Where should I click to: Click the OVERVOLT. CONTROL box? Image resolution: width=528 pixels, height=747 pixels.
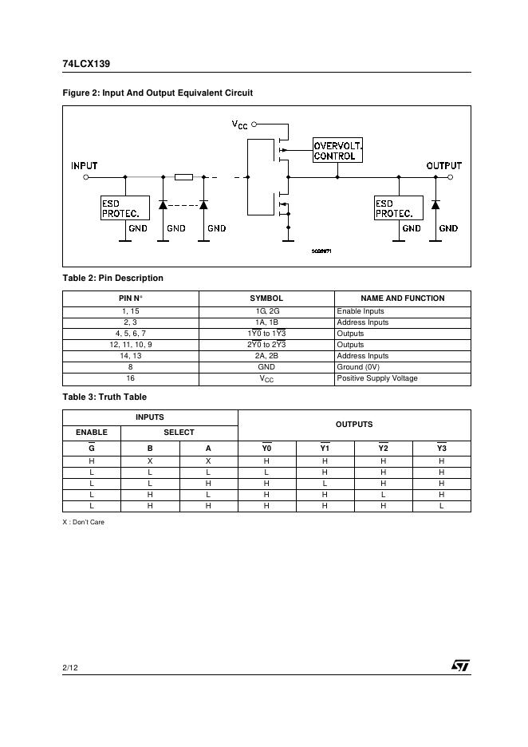pos(338,151)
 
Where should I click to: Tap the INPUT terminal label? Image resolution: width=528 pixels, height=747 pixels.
pos(85,166)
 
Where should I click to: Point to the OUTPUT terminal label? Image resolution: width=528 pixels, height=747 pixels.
pos(443,166)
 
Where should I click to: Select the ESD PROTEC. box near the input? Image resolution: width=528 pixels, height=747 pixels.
pos(124,208)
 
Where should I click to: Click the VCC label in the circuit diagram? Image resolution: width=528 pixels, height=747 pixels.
pos(240,125)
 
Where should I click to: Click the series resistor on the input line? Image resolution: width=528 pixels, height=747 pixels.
pos(183,177)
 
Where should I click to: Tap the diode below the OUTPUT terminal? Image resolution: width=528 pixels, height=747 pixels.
pos(435,205)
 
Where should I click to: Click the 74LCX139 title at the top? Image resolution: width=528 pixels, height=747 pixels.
pos(81,65)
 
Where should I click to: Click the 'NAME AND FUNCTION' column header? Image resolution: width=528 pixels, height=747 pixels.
pos(402,298)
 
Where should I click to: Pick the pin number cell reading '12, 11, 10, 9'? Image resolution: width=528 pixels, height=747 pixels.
pos(130,345)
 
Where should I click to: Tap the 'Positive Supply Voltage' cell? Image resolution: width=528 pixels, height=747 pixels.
pos(376,378)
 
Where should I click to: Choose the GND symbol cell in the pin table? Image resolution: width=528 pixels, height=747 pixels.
pos(266,367)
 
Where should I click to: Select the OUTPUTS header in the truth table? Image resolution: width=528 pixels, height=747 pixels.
pos(354,425)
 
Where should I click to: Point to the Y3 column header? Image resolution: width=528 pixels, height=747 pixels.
pos(441,449)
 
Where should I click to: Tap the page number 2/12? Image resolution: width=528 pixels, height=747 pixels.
pos(69,667)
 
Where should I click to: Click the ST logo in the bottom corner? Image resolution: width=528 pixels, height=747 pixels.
pos(460,666)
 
